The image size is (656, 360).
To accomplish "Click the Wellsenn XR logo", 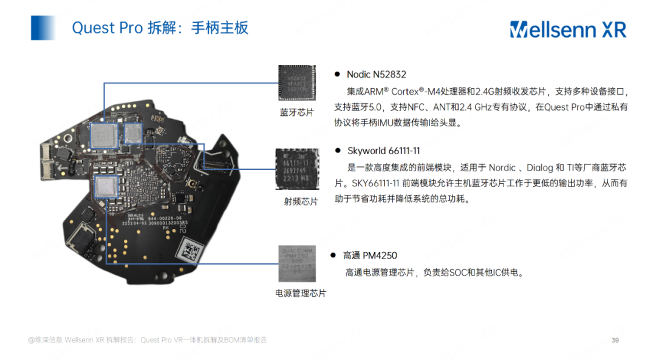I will [567, 29].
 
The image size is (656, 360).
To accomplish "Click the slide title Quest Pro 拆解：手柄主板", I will [160, 28].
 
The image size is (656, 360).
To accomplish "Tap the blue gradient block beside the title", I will [43, 28].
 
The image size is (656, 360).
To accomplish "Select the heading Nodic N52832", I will [376, 75].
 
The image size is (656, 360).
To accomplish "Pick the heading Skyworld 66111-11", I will [383, 151].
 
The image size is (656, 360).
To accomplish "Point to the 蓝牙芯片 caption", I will [296, 112].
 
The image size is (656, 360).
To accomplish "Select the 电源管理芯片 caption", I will [301, 293].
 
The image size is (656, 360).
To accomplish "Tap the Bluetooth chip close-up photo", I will [298, 84].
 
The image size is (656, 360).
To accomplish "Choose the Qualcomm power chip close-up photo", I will [298, 263].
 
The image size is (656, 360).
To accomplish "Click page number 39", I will [615, 340].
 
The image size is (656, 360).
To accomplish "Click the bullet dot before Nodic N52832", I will [337, 75].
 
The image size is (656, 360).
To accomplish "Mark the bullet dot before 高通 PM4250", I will [333, 256].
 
